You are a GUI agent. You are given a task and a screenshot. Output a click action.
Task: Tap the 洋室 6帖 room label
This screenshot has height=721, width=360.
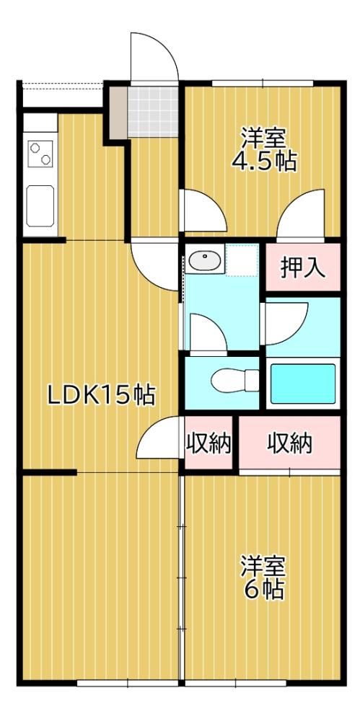click(x=264, y=577)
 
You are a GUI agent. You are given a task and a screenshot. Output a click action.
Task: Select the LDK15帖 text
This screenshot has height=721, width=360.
click(x=102, y=395)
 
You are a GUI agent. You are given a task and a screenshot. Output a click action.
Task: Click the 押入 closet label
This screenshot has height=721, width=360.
click(x=304, y=267)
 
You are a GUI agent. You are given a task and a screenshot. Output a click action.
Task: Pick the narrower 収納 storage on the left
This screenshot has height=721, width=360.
click(x=208, y=443)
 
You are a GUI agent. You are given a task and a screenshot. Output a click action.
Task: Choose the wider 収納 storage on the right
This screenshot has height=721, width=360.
click(x=290, y=443)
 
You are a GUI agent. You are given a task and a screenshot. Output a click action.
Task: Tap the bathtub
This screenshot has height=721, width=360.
click(x=303, y=384)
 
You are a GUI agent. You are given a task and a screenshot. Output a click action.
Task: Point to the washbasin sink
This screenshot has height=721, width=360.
click(x=205, y=260)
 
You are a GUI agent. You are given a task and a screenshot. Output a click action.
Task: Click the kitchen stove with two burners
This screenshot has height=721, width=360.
click(x=40, y=154)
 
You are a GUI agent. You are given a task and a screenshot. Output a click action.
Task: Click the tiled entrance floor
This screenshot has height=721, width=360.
click(x=153, y=111)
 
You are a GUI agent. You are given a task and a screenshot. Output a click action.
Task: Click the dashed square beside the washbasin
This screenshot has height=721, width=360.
click(x=242, y=260)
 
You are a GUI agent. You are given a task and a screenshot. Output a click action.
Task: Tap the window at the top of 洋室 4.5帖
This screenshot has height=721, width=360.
click(x=263, y=83)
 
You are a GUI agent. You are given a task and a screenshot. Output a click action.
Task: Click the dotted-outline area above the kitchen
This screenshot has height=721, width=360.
click(x=62, y=95)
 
